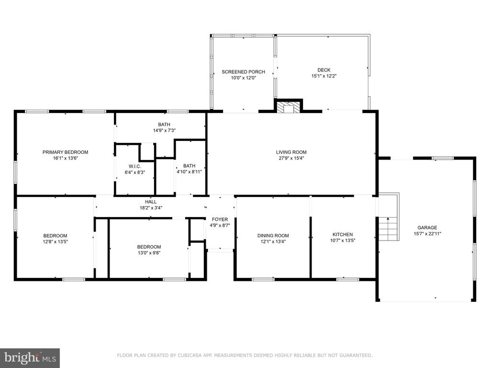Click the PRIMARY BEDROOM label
click(x=65, y=152)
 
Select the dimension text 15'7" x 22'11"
click(x=427, y=233)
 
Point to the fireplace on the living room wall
click(x=289, y=106)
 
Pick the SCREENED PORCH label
click(x=244, y=72)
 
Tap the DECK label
click(x=324, y=70)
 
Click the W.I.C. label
click(x=134, y=166)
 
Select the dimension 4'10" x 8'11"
click(x=189, y=172)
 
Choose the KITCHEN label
click(x=343, y=234)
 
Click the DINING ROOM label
click(x=273, y=236)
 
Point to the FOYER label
click(x=220, y=219)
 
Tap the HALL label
click(x=151, y=202)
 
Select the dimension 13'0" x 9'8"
click(x=149, y=253)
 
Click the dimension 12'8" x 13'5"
click(x=56, y=241)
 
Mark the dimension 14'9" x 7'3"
click(x=164, y=130)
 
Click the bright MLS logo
click(x=30, y=358)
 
